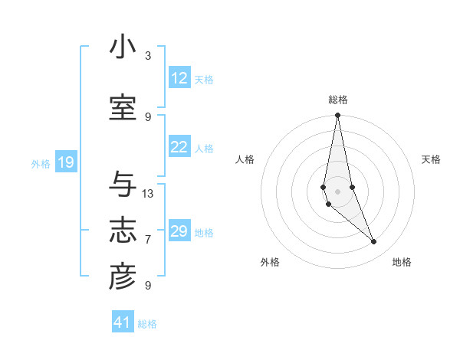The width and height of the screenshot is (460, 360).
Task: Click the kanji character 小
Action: coord(123,48)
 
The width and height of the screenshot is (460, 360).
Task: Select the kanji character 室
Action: coord(123,109)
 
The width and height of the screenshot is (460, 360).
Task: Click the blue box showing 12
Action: coord(179,78)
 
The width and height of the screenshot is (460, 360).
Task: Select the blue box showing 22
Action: coord(179,147)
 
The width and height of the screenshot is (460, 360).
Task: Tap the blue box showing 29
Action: coord(179,231)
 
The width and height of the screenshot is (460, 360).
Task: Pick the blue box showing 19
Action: coord(65,162)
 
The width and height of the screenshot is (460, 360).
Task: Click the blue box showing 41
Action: coord(123,322)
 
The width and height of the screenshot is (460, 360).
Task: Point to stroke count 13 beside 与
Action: coord(148,194)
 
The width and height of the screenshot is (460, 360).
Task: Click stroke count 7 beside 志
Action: coord(148,240)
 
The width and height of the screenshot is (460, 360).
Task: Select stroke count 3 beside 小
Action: coord(148,56)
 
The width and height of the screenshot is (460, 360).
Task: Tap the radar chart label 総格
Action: coord(338,100)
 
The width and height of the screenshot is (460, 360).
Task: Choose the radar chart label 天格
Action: coord(432,159)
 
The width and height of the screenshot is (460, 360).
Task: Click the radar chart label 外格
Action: coord(270,262)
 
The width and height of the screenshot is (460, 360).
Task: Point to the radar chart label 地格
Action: coord(402,262)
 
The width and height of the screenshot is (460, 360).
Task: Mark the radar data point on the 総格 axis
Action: coord(337,116)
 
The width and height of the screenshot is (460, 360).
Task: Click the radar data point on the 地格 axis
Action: coord(373,242)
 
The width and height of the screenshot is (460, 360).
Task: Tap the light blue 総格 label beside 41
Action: coord(147,324)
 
